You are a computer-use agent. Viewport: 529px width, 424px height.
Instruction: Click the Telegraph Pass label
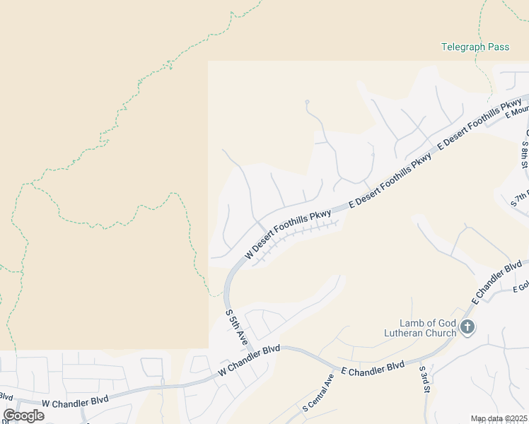(x=475, y=47)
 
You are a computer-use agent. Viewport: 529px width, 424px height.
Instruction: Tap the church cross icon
(x=467, y=326)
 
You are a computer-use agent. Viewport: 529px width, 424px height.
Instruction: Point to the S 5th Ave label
(x=236, y=327)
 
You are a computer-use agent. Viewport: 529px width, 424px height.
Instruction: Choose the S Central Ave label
(x=318, y=392)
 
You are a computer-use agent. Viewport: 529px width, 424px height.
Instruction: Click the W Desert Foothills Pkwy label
(x=288, y=234)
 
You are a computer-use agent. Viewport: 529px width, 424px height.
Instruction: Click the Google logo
(x=23, y=415)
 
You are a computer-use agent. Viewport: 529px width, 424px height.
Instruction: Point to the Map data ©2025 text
(x=499, y=418)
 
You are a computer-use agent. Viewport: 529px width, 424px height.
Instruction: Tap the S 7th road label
(x=520, y=199)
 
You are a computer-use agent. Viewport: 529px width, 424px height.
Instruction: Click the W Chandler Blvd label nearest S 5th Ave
(x=249, y=360)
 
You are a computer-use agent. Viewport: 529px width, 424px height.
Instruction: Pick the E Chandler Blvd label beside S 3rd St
(x=373, y=368)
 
